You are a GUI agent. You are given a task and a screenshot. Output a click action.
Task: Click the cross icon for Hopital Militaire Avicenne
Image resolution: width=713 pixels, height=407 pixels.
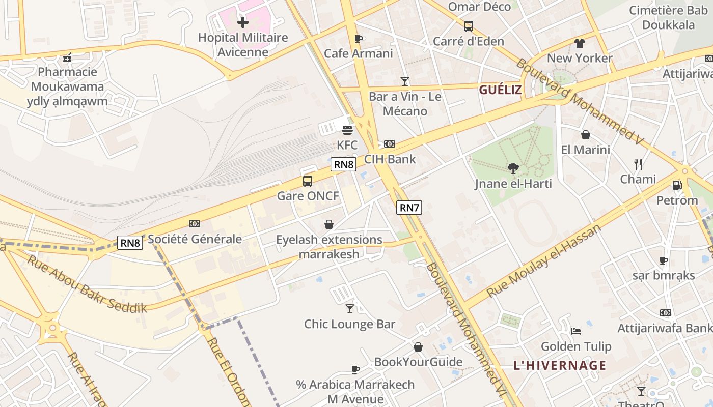[243, 22]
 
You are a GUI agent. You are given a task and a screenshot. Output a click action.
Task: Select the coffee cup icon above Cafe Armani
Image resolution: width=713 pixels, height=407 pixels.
[359, 39]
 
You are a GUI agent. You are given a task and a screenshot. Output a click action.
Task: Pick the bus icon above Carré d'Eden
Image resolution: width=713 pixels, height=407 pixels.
[468, 26]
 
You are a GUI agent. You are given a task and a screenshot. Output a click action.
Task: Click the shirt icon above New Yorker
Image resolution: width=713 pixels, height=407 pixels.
[580, 43]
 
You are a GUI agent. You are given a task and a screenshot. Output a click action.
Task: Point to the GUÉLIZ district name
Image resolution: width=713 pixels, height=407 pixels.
[500, 90]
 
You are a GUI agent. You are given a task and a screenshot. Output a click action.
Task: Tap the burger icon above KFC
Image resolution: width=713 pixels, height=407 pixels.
[347, 130]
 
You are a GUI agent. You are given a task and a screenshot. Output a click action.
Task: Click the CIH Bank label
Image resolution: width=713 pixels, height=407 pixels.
[390, 159]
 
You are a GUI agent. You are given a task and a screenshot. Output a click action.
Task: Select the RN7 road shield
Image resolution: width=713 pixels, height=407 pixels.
[409, 208]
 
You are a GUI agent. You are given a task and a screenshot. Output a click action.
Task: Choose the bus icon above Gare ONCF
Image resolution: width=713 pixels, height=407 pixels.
[308, 181]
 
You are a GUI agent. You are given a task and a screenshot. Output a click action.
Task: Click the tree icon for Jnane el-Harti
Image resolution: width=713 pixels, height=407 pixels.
[513, 168]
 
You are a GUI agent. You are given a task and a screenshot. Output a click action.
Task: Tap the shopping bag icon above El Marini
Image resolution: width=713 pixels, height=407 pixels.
[586, 135]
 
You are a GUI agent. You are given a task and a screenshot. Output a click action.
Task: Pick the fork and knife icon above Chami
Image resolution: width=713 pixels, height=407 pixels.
[638, 164]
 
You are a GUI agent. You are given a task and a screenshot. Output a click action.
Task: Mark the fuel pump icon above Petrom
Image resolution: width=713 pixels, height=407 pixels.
[677, 185]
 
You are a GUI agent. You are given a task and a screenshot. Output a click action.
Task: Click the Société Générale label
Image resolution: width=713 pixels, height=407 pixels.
[195, 239]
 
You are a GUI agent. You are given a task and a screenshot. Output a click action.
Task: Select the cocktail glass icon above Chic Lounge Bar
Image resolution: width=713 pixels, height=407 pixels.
[349, 308]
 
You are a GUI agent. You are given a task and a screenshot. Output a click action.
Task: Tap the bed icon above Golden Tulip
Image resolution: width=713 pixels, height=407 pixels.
[576, 331]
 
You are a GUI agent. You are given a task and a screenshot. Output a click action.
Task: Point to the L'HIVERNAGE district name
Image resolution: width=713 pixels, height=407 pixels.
[560, 365]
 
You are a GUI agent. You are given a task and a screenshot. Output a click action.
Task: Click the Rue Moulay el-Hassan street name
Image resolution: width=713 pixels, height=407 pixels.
[544, 260]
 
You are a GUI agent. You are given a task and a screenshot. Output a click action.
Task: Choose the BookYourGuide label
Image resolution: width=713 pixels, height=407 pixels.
[418, 362]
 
